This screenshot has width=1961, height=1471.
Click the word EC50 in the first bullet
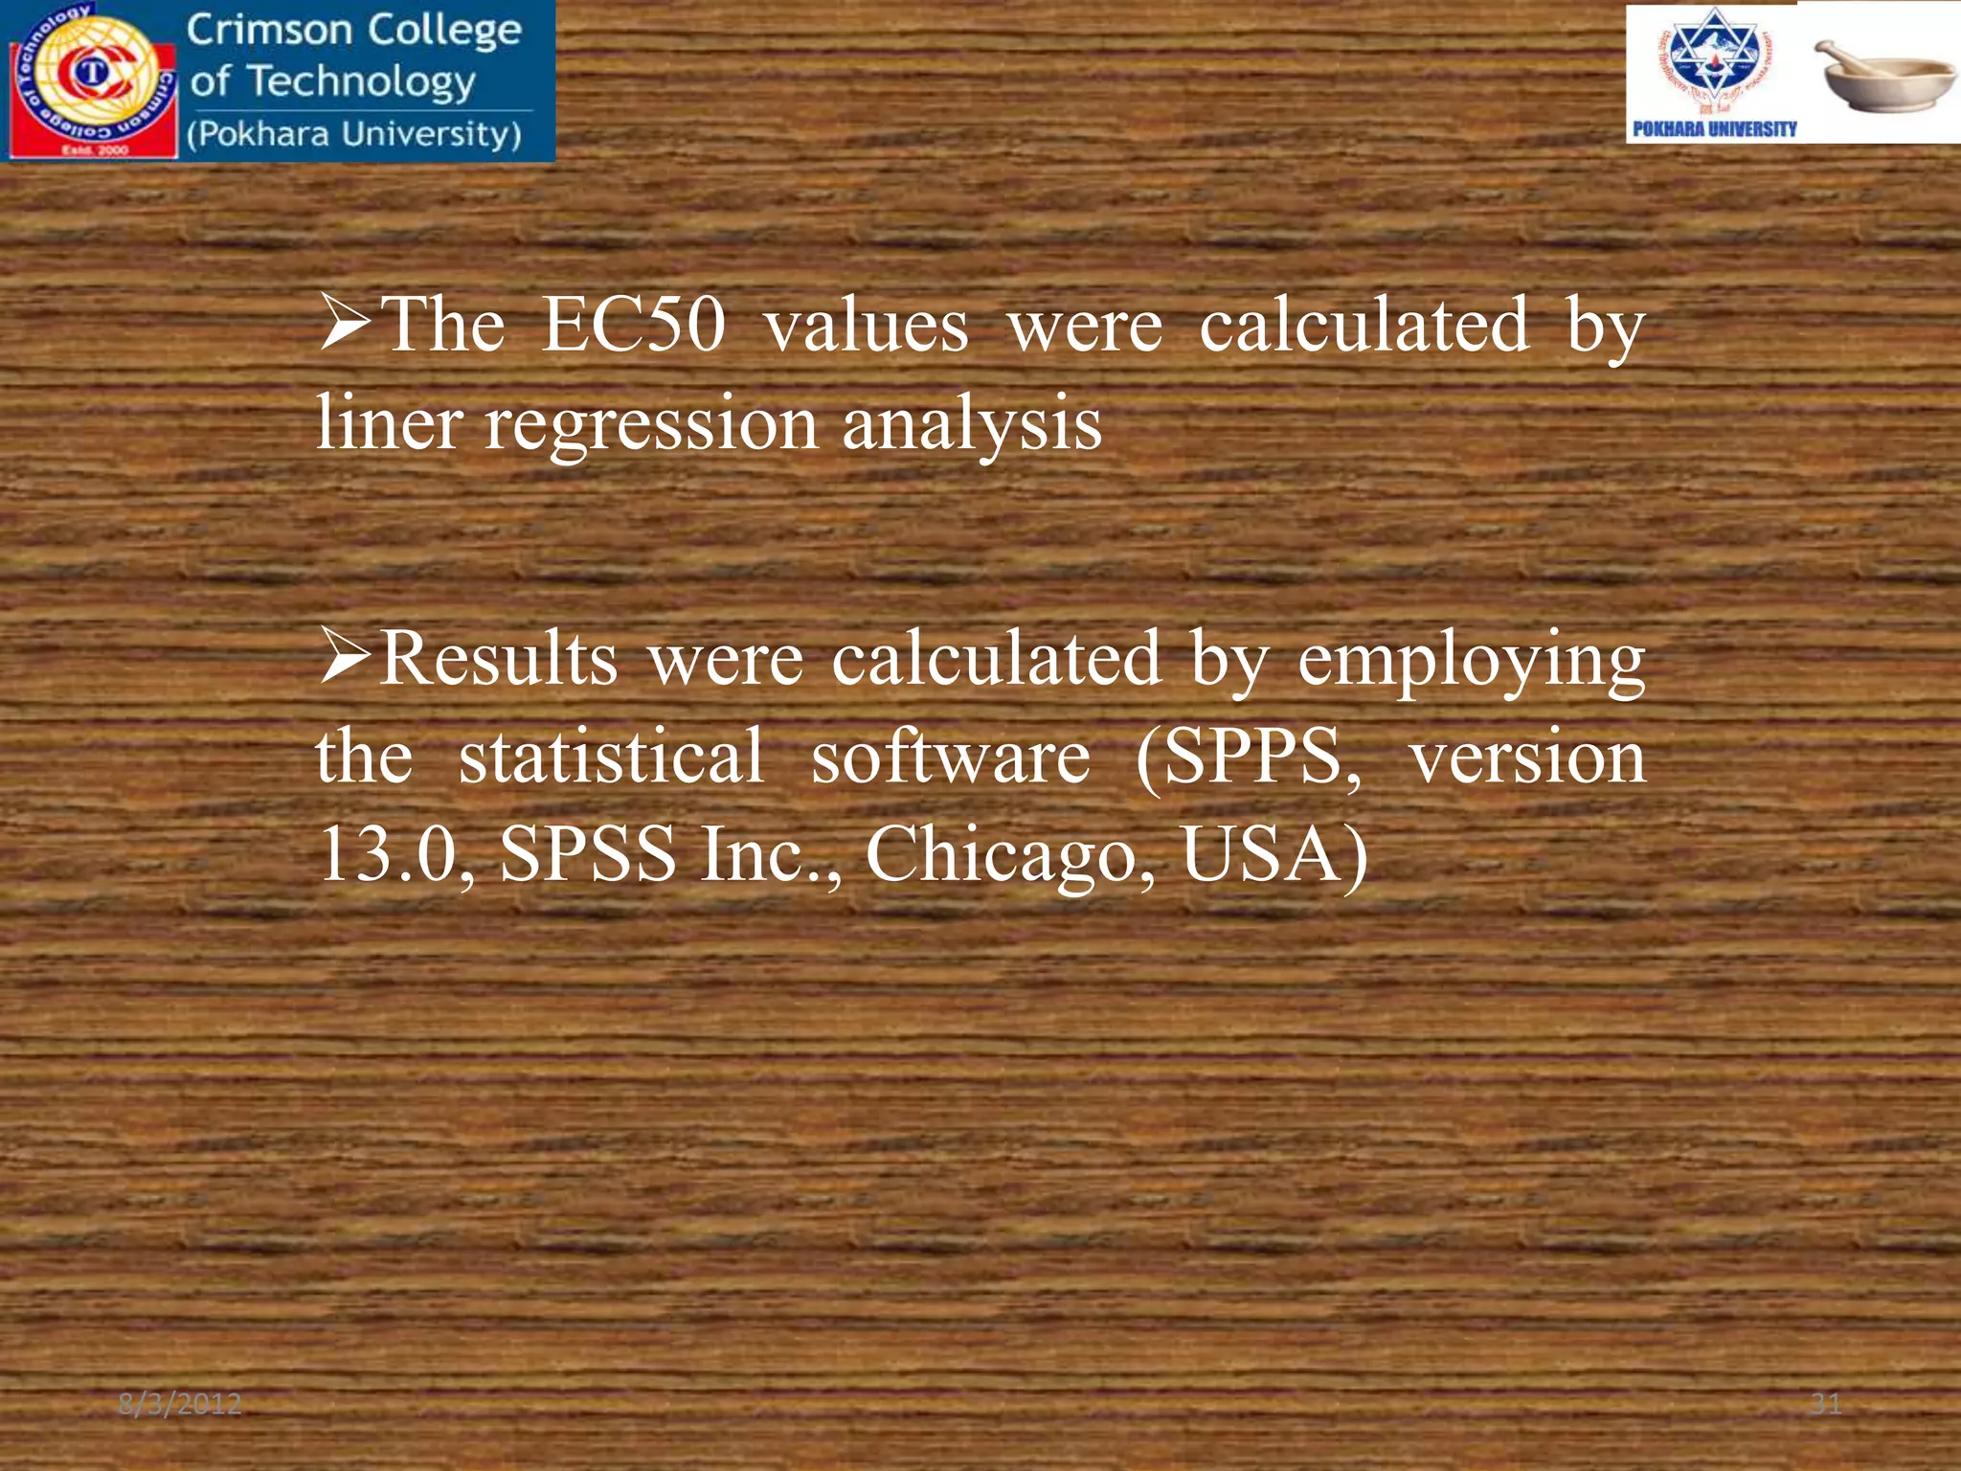pos(633,326)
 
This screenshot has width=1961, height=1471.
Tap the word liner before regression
pos(388,422)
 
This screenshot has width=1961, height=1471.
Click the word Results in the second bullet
pos(498,660)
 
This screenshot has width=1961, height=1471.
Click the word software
pos(950,757)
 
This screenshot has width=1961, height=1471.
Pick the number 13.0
pos(394,855)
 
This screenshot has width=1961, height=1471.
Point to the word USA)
pos(1274,855)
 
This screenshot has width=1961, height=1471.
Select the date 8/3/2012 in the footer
pos(180,1404)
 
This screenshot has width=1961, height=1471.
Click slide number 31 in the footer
pos(1826,1404)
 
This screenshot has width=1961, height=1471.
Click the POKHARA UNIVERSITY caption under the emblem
pos(1714,129)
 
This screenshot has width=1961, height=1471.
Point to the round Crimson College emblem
pos(91,77)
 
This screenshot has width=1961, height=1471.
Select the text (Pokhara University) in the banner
pos(354,134)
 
